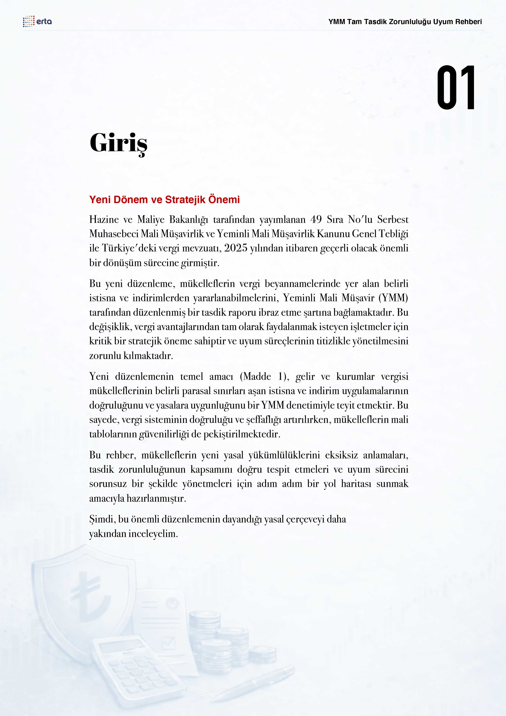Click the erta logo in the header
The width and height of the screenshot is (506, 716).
(37, 21)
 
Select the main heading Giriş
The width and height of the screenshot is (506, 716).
(118, 143)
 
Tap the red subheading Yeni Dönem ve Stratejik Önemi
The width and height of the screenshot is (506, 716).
(164, 200)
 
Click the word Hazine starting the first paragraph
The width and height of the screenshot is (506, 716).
(104, 220)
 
